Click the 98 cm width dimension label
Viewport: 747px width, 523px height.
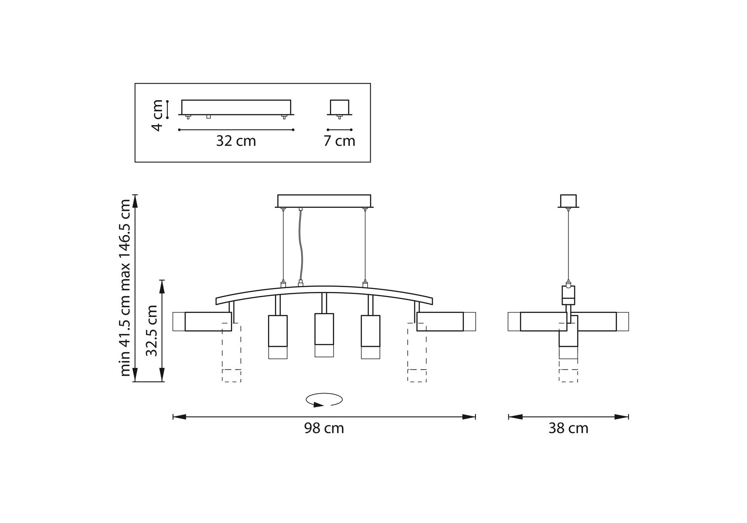[324, 428]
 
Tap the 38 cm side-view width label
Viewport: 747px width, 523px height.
[568, 428]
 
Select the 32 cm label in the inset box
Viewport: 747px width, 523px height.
[236, 141]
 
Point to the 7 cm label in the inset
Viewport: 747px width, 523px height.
[339, 141]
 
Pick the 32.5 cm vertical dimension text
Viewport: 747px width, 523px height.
[152, 330]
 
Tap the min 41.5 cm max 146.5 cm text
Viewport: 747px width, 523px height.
[125, 288]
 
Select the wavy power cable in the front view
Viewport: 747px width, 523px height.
[301, 246]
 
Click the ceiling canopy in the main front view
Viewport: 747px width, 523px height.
[324, 201]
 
